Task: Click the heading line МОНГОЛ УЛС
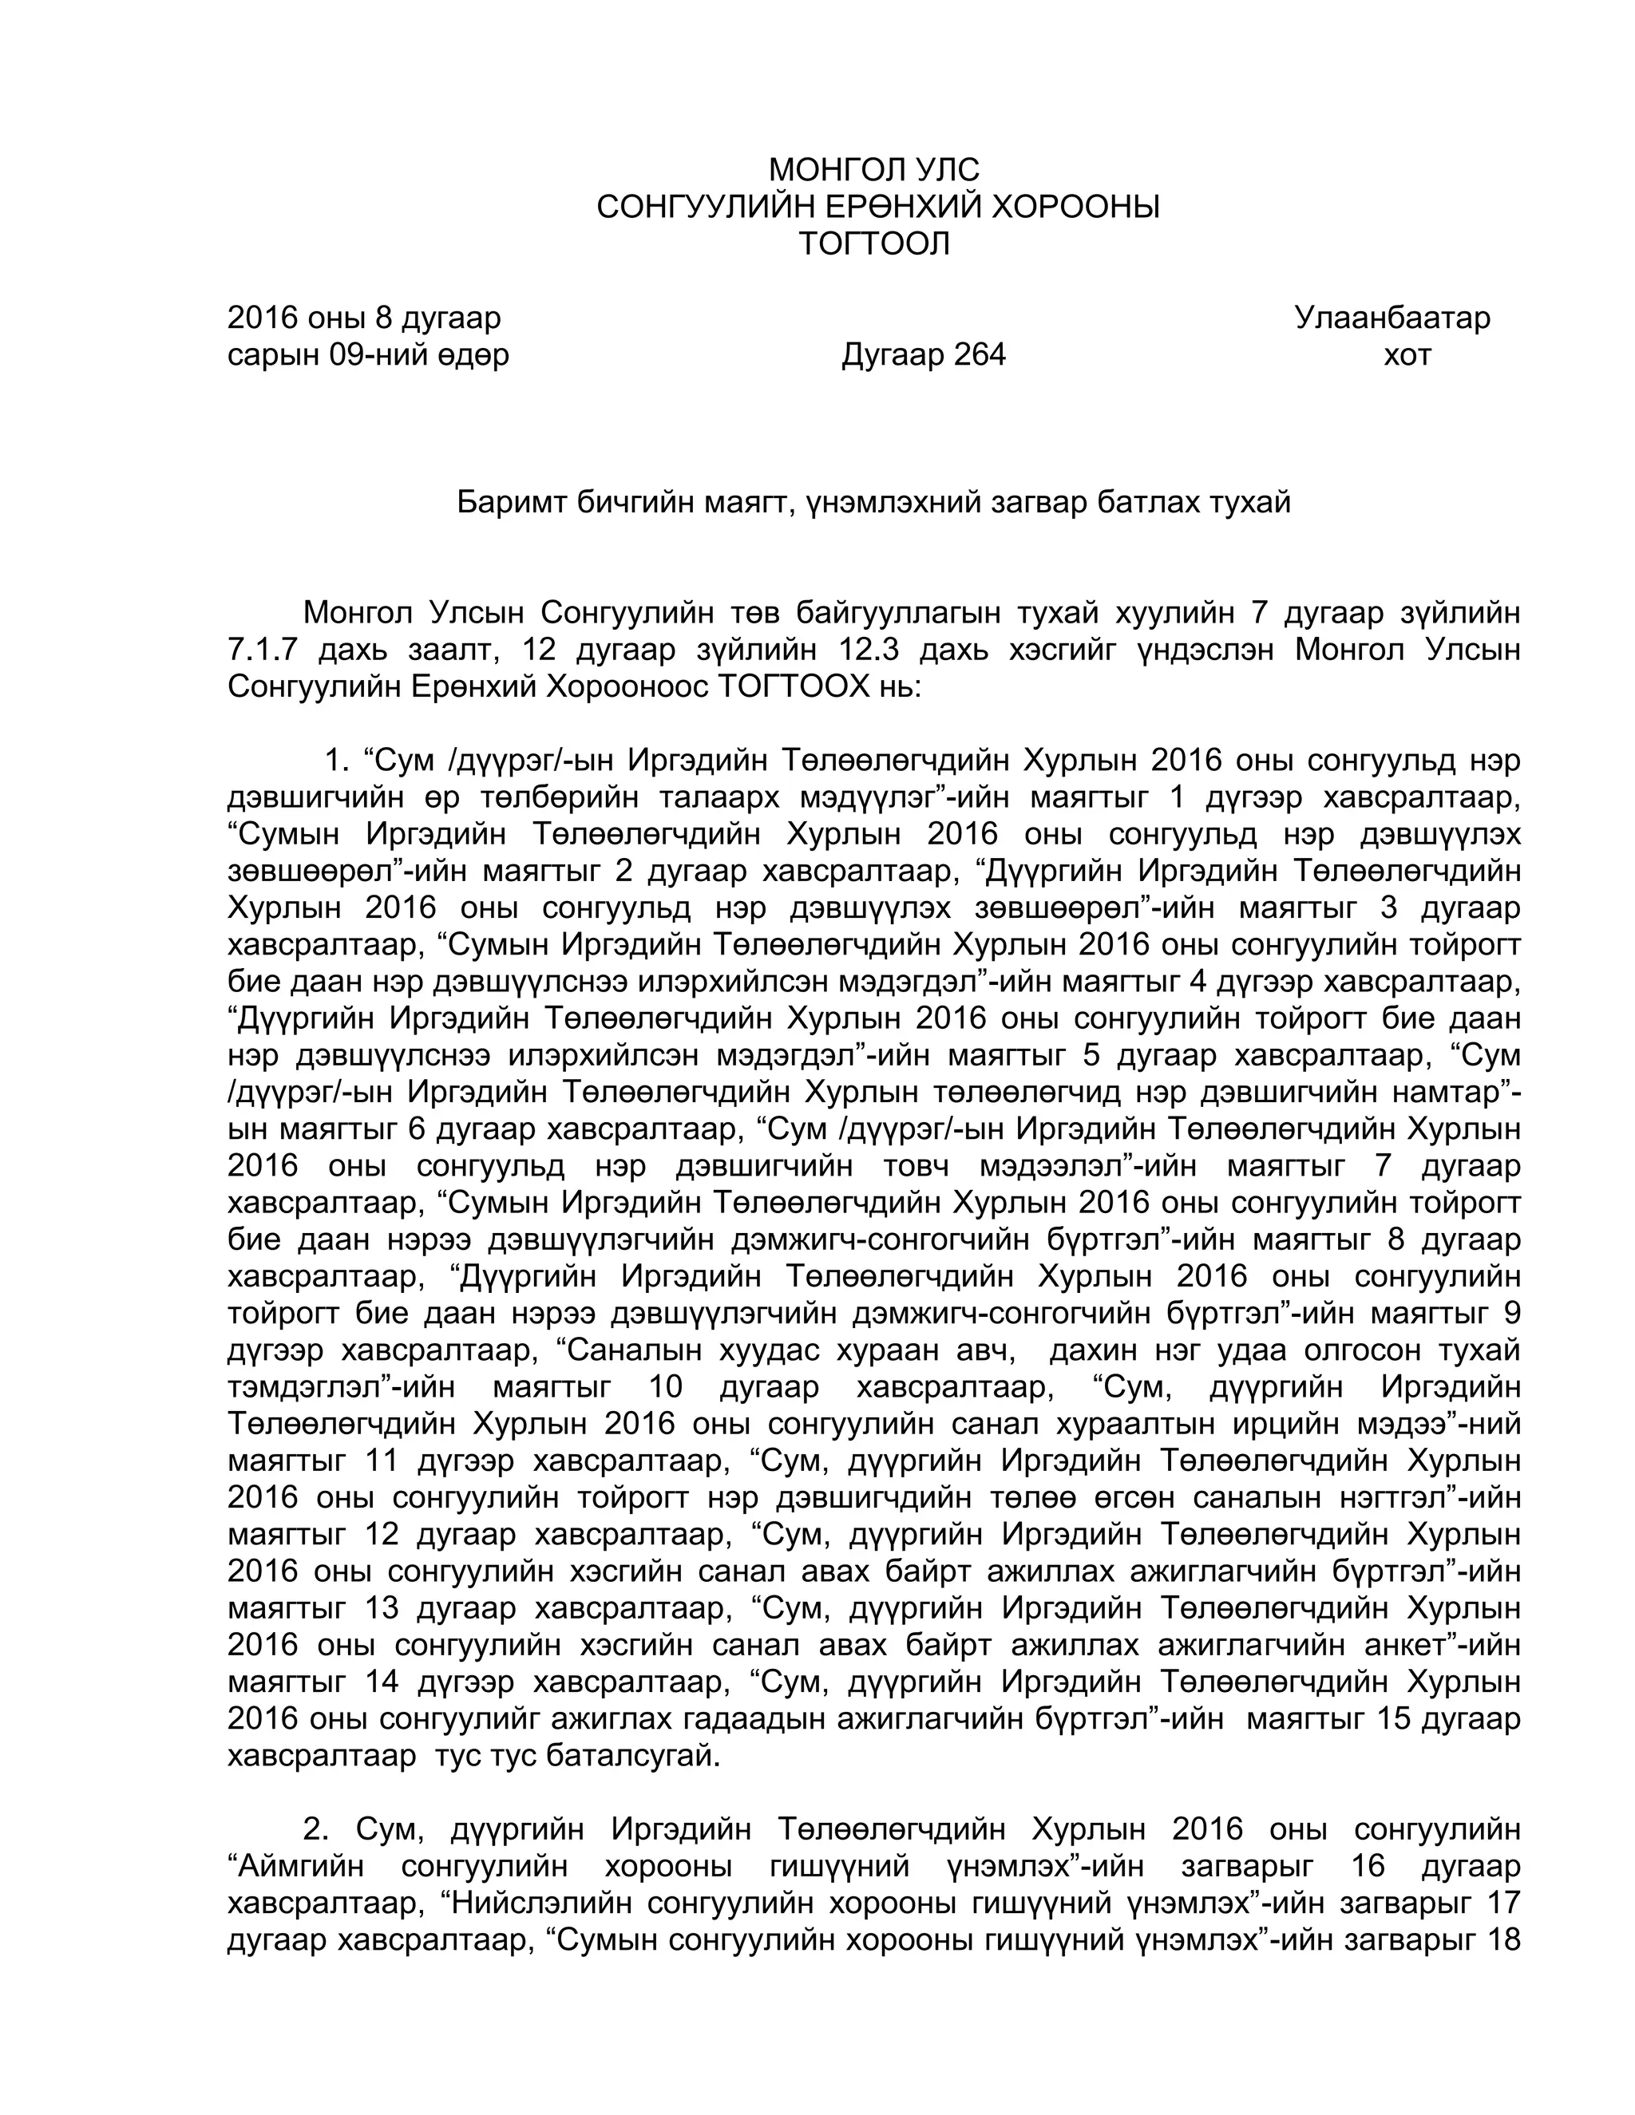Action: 873,171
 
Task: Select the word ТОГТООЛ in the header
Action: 873,244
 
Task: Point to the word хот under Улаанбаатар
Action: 1407,355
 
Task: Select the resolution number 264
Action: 980,355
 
